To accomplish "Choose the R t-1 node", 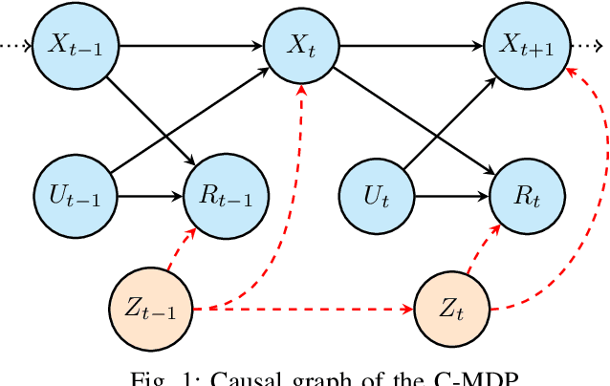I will click(x=220, y=173).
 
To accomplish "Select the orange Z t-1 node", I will click(x=148, y=308).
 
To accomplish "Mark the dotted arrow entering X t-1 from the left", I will click(x=15, y=45).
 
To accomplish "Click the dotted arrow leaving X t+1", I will click(x=586, y=45).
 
